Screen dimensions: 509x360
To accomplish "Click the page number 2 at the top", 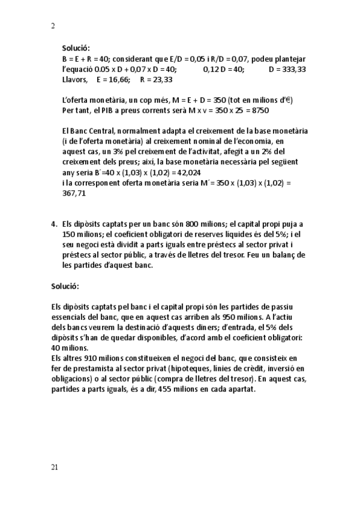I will point(53,26).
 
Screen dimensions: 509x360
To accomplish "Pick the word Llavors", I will point(75,79).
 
